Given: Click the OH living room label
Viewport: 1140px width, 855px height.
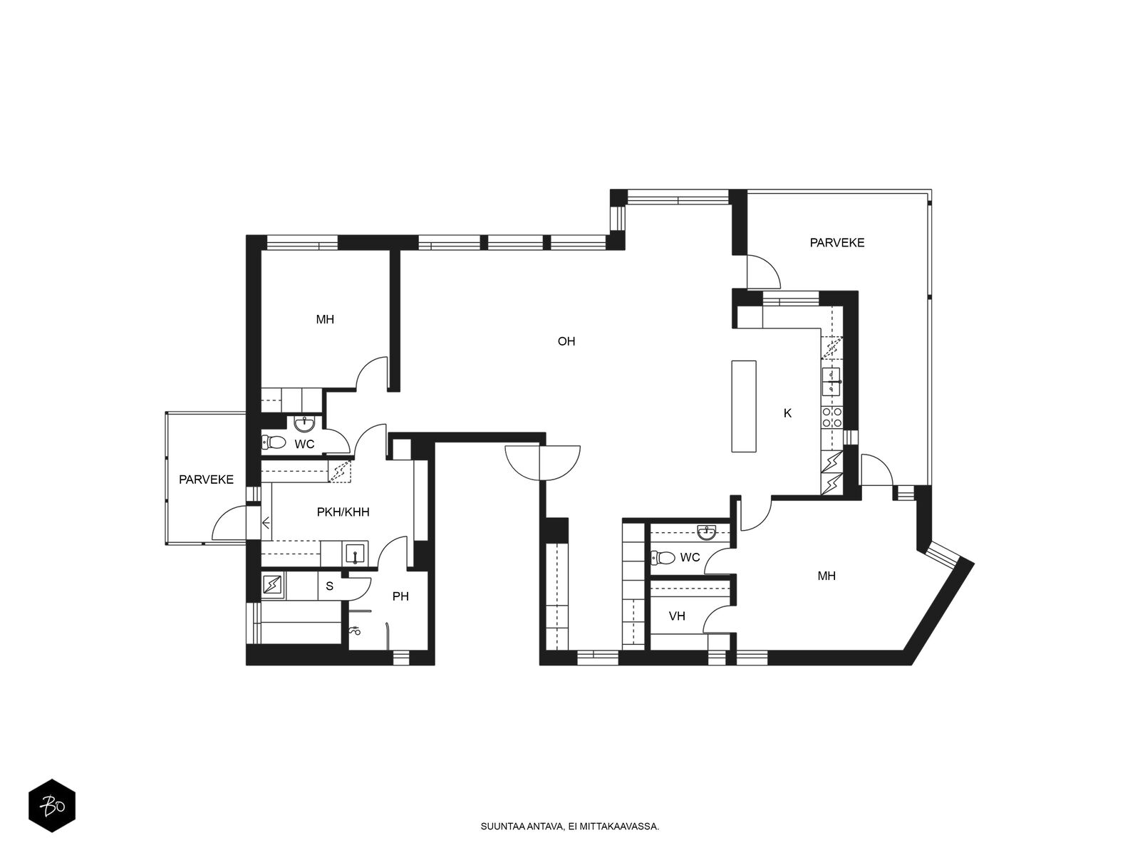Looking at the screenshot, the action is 566,341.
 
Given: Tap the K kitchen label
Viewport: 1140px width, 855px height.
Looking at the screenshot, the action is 787,413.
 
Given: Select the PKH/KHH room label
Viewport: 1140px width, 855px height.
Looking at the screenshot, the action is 343,512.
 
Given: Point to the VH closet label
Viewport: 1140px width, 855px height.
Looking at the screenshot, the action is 677,616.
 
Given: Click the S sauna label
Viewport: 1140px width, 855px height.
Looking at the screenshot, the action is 329,586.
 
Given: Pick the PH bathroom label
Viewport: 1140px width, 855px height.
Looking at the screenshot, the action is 400,596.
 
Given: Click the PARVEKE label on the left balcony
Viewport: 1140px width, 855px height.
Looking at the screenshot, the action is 206,480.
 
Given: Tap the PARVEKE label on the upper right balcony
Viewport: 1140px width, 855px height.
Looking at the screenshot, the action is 837,242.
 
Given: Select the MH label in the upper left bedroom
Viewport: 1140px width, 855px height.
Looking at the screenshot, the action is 325,319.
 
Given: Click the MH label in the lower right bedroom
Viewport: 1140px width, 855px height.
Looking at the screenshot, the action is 826,576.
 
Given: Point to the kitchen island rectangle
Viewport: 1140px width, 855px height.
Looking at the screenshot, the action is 744,406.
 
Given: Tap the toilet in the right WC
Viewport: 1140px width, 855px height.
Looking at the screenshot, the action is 663,558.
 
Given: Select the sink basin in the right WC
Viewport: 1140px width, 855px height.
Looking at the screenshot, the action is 707,532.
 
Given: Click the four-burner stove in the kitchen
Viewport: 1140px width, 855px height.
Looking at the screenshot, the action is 831,418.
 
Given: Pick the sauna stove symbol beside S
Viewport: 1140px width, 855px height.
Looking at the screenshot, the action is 273,585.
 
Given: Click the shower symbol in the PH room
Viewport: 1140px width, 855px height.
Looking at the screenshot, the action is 356,631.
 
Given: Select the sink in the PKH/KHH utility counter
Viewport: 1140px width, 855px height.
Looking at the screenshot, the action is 356,554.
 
